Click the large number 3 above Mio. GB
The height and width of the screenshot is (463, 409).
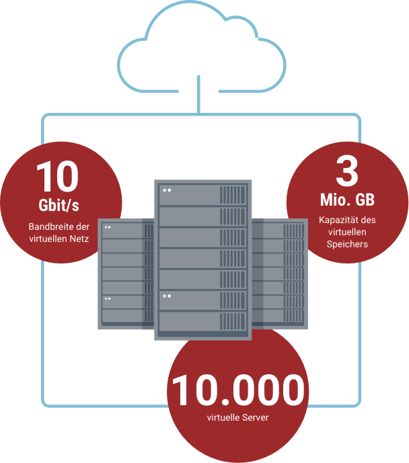346,172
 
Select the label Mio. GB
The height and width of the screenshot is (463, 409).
347,200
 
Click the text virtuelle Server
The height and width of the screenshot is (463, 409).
237,418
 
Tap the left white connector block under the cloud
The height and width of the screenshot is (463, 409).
186,93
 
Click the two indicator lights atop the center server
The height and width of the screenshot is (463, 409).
165,190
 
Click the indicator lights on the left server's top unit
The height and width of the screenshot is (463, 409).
108,226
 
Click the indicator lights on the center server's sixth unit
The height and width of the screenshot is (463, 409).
165,295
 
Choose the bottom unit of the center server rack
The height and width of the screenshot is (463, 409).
202,321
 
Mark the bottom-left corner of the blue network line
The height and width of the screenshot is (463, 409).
44,405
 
